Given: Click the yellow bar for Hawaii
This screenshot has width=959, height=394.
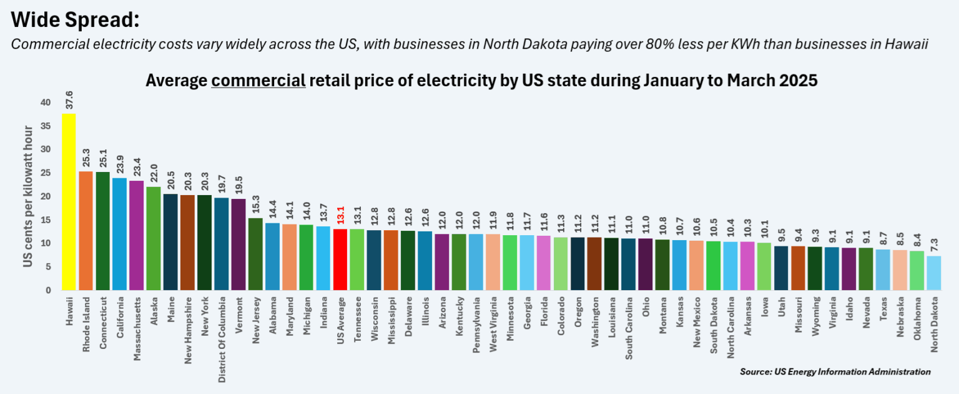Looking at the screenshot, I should pyautogui.click(x=69, y=202).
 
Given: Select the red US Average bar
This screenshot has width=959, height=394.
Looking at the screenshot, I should pyautogui.click(x=340, y=260).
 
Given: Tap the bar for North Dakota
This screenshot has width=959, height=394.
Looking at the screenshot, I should pyautogui.click(x=933, y=273).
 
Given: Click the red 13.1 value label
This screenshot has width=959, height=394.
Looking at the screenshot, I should pyautogui.click(x=340, y=216).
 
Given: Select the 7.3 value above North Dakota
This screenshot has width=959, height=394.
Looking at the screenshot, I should pyautogui.click(x=933, y=244).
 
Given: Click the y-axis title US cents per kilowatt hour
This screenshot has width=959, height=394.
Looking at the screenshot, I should pyautogui.click(x=28, y=196).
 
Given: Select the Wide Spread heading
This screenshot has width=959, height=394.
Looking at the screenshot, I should pyautogui.click(x=74, y=20).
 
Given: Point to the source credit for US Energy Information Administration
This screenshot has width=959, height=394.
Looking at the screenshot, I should pyautogui.click(x=835, y=371).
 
